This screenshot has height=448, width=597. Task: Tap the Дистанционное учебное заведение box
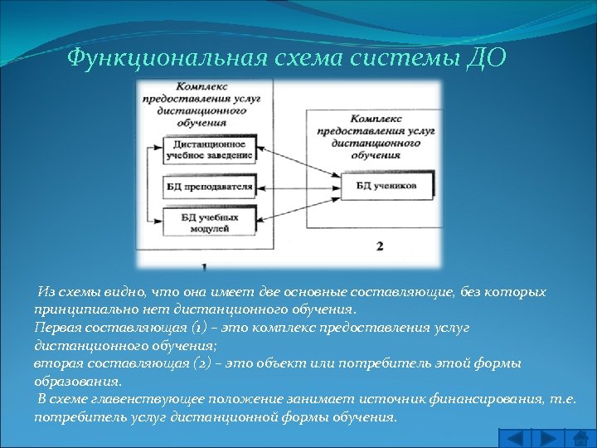[x=204, y=150]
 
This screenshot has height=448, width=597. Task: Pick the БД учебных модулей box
[x=203, y=222]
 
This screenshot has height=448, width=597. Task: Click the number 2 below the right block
[x=379, y=246]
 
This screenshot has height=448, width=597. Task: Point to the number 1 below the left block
[x=204, y=266]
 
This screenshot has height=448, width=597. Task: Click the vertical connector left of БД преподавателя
[x=147, y=186]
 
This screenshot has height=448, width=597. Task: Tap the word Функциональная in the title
[x=165, y=59]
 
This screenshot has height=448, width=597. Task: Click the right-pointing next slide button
[x=549, y=437]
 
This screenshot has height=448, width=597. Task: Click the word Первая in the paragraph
[x=56, y=329]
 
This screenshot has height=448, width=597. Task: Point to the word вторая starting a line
[x=56, y=365]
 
